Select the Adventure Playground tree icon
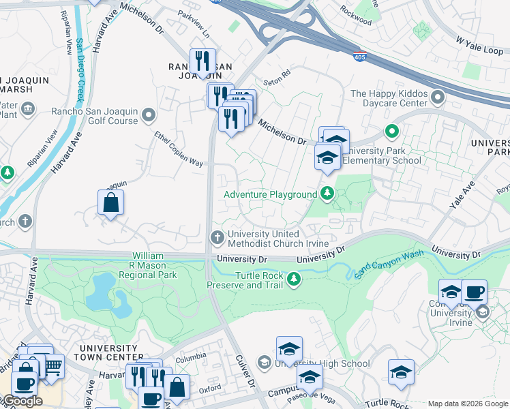[x=327, y=195]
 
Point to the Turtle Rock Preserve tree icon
[x=294, y=279]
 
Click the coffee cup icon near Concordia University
[x=474, y=292]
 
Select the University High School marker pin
[x=265, y=363]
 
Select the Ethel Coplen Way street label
[x=179, y=149]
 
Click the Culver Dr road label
[x=244, y=372]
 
